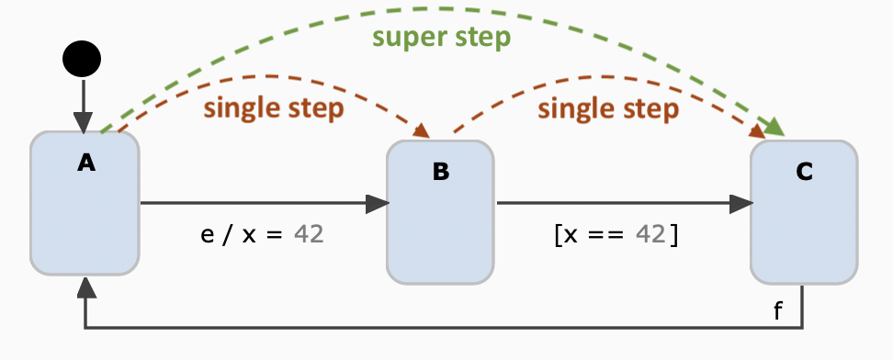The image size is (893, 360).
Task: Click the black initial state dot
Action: coord(82,60)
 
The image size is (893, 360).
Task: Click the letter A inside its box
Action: coord(85,163)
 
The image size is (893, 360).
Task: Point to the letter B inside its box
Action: coord(440,172)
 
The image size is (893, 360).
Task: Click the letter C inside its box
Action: coord(804,172)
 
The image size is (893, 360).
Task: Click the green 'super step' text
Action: coord(441,39)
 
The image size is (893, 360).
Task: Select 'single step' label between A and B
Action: coord(274,108)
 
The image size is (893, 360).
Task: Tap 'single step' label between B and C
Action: coord(607,108)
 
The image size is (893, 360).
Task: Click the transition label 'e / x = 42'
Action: coord(262,234)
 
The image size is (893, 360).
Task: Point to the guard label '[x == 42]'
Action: coord(616,234)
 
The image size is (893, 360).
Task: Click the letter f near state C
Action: coord(779,311)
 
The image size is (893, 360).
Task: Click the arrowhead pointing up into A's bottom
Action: coord(85,287)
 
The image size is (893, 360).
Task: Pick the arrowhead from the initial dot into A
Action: coord(83,122)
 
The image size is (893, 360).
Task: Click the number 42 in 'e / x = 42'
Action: coord(309,234)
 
